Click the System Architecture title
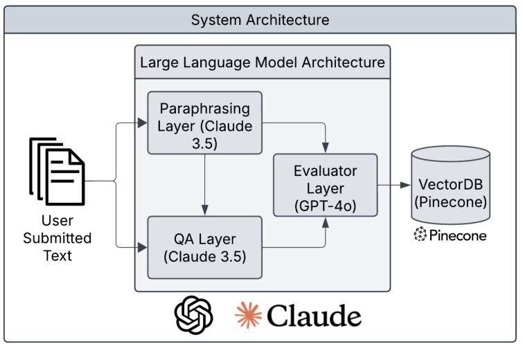(261, 19)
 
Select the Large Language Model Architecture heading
(262, 62)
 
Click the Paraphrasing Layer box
(204, 123)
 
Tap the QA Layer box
(204, 247)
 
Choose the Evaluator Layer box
(326, 185)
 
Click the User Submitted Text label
(57, 238)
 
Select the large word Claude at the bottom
(314, 316)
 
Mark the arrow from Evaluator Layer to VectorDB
(393, 185)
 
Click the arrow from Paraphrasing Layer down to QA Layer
(204, 183)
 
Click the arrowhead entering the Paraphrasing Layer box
(142, 124)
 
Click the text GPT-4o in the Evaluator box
(326, 206)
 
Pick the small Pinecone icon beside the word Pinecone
(420, 235)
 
